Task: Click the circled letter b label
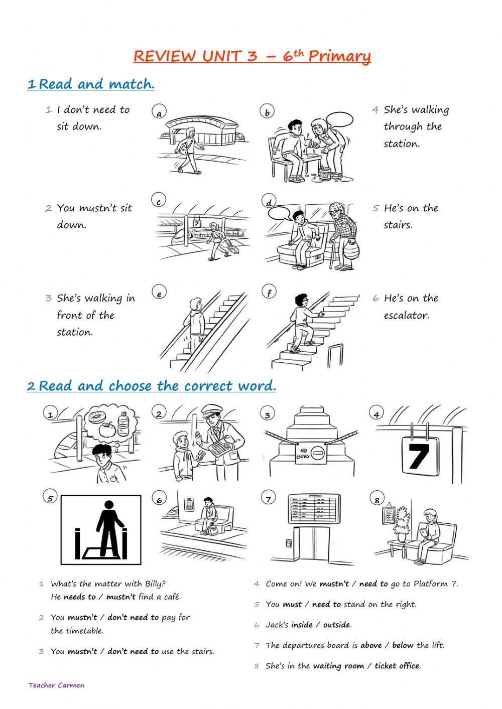pos(267,112)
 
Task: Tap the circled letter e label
pos(159,294)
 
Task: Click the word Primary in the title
pos(339,57)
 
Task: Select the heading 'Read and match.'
pos(96,84)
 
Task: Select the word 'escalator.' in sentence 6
pos(407,316)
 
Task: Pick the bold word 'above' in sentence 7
pos(371,645)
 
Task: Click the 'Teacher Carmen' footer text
pos(57,685)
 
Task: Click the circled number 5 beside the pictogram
pos(50,498)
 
